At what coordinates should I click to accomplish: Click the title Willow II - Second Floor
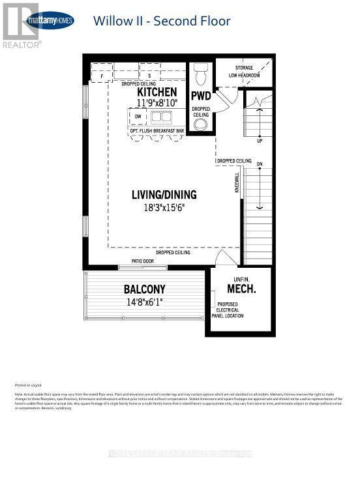162,21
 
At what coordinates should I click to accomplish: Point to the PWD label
200,96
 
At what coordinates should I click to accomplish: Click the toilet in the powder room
200,74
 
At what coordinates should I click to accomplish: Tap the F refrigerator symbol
102,76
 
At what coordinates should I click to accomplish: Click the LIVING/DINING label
164,194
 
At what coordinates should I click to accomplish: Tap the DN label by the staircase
259,164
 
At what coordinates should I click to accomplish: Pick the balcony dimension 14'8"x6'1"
145,301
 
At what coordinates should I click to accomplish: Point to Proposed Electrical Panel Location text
231,310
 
